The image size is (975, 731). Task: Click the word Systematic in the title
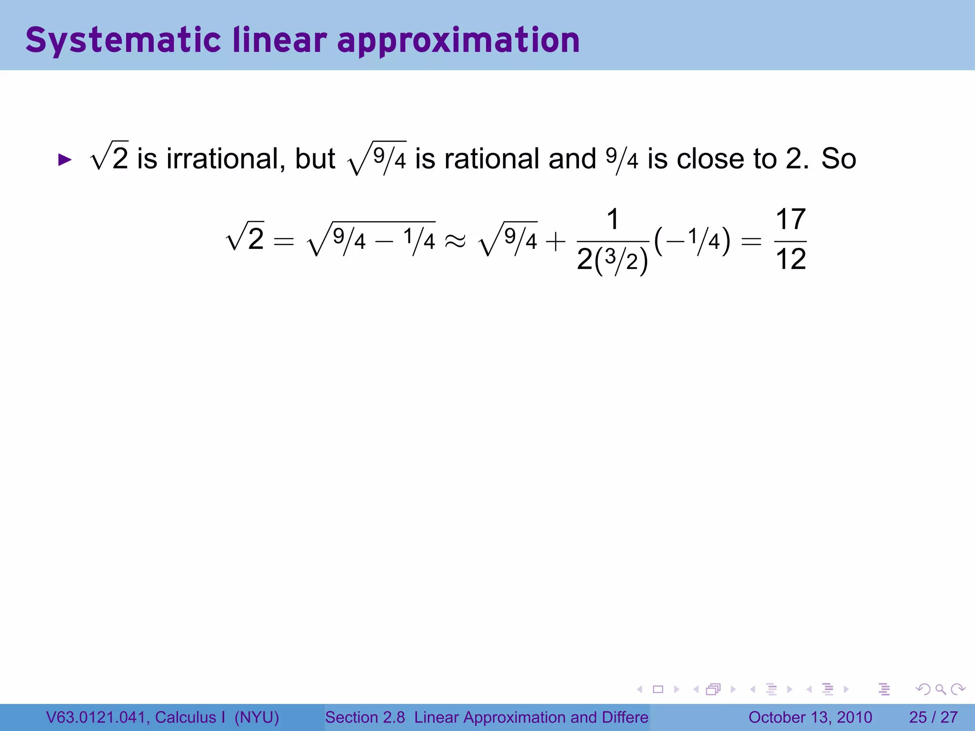pyautogui.click(x=123, y=40)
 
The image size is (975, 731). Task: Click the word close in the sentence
pyautogui.click(x=711, y=158)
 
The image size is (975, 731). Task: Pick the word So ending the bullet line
pyautogui.click(x=838, y=158)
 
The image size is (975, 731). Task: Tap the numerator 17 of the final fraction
pyautogui.click(x=790, y=220)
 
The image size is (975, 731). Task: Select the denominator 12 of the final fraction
pyautogui.click(x=790, y=260)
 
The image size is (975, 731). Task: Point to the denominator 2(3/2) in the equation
pyautogui.click(x=612, y=261)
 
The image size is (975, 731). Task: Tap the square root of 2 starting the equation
pyautogui.click(x=245, y=238)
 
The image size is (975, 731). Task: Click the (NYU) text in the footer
pyautogui.click(x=257, y=717)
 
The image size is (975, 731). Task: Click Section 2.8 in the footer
pyautogui.click(x=365, y=717)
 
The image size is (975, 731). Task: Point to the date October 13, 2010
pyautogui.click(x=810, y=717)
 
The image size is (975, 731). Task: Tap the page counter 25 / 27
pyautogui.click(x=933, y=717)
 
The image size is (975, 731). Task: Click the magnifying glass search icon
pyautogui.click(x=940, y=689)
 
